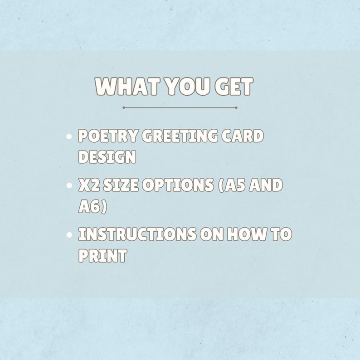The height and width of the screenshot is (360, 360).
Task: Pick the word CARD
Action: click(243, 136)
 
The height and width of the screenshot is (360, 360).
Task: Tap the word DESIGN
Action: click(107, 157)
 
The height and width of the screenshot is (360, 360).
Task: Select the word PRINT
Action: click(102, 255)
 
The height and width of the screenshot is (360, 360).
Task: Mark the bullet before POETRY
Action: click(69, 136)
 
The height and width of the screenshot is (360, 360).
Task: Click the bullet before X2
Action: click(69, 185)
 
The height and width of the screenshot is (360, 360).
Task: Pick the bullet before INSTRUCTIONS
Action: click(69, 234)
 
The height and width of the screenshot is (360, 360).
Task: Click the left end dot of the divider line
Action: click(123, 108)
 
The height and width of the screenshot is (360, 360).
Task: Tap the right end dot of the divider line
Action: click(236, 108)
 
